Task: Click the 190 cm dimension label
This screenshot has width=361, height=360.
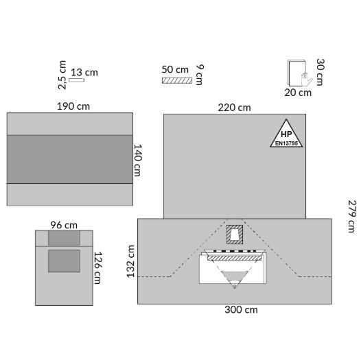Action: point(73,106)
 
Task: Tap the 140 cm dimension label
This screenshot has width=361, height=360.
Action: point(138,160)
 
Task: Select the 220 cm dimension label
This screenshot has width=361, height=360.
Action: point(234,108)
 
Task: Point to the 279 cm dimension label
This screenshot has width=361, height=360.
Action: point(352,217)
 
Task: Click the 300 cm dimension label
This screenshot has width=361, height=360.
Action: point(241,310)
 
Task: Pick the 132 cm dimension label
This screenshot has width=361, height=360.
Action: point(131,261)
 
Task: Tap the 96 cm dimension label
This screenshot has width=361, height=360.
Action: point(64,225)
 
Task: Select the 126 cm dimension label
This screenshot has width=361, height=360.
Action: point(98,268)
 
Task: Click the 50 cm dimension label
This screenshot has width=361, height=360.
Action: point(175,69)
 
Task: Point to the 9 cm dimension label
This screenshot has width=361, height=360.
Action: point(200,75)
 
